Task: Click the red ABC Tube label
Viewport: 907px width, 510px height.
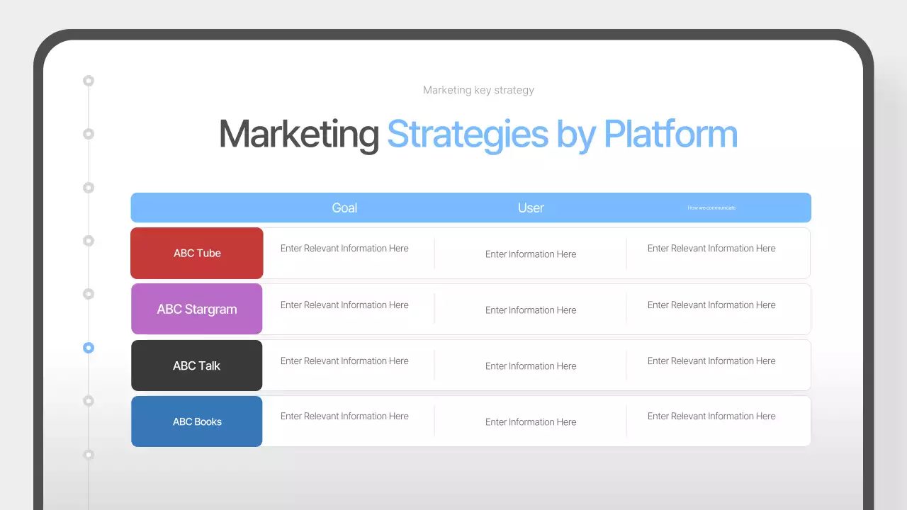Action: point(197,253)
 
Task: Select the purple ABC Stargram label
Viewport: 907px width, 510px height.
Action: point(197,309)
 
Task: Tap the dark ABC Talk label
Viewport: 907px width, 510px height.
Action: point(197,365)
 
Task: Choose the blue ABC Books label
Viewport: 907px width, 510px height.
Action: point(197,421)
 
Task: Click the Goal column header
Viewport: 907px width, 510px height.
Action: point(344,208)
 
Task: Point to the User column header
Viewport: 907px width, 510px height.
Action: point(531,208)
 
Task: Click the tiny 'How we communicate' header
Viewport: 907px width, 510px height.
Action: point(711,208)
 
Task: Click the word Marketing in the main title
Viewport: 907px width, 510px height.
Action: point(298,134)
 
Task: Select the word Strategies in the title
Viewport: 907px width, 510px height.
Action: point(468,134)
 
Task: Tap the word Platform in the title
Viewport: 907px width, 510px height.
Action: point(670,134)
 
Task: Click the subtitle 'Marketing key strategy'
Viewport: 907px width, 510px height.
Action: point(478,90)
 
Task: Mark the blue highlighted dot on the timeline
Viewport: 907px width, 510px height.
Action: point(89,348)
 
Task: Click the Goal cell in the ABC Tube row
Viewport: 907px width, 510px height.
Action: point(344,248)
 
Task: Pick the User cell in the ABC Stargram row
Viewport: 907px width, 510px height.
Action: point(531,310)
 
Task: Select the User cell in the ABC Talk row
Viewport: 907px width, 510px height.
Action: point(531,365)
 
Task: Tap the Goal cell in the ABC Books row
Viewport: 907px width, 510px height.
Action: point(344,416)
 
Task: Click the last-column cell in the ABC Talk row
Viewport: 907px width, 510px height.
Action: point(711,361)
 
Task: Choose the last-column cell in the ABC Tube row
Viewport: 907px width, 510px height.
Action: point(711,248)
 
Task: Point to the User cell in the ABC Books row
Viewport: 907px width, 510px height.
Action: point(531,421)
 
